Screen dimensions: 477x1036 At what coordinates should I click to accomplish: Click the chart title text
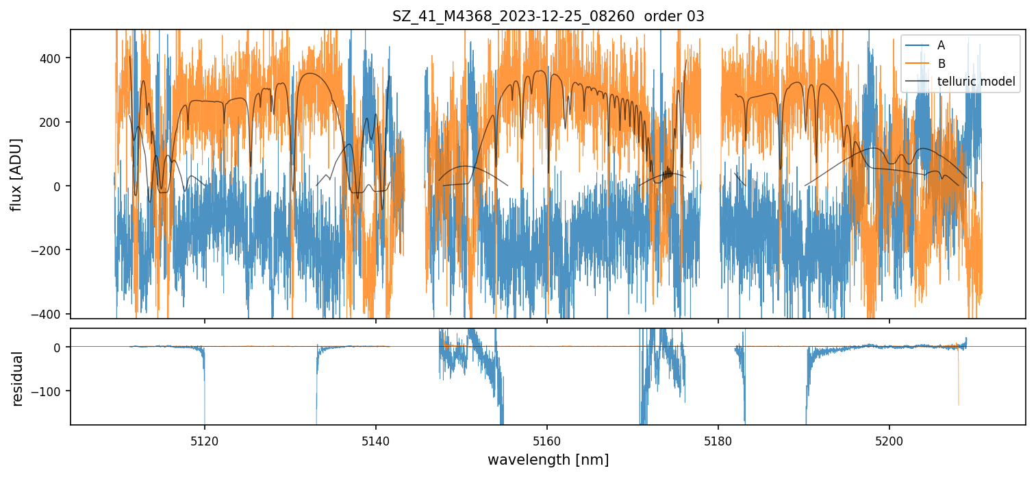coord(548,16)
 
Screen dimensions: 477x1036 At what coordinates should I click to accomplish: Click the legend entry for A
coord(941,45)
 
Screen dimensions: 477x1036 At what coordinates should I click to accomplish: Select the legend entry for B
coord(941,64)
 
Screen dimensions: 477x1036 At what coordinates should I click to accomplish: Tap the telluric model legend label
coord(976,82)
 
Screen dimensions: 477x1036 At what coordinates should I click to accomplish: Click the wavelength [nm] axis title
coord(548,459)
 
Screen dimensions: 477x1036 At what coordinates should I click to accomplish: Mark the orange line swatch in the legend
coord(918,64)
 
